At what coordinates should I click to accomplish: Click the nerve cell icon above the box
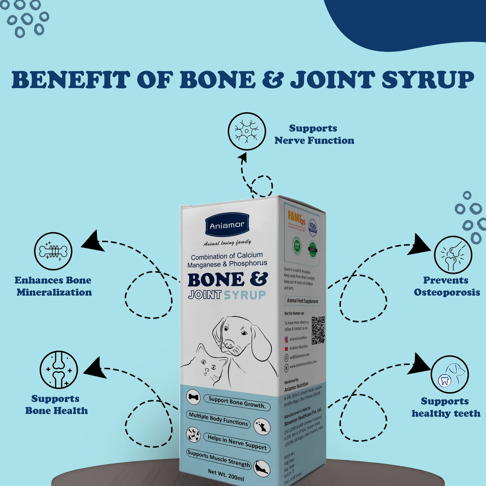coord(247,131)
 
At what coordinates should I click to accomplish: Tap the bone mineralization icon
coord(53,251)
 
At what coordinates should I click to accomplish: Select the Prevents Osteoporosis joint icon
coord(453,255)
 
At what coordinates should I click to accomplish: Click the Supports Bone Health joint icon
coord(59,370)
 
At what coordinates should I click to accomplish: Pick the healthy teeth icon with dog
coord(450,374)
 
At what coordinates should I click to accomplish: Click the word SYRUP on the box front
coord(245,295)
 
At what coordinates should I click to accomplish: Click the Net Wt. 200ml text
coord(226,474)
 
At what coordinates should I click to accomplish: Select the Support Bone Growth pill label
coord(237,402)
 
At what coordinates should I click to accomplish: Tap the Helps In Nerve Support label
coord(237,442)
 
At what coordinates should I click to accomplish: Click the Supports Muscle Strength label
coord(219,458)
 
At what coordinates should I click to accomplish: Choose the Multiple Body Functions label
coord(218,419)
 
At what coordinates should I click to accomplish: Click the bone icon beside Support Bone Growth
coord(193,397)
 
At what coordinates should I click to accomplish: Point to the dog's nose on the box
coord(229,344)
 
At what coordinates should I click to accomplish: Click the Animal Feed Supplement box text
coord(302,301)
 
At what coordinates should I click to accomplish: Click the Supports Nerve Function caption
coord(314,134)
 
